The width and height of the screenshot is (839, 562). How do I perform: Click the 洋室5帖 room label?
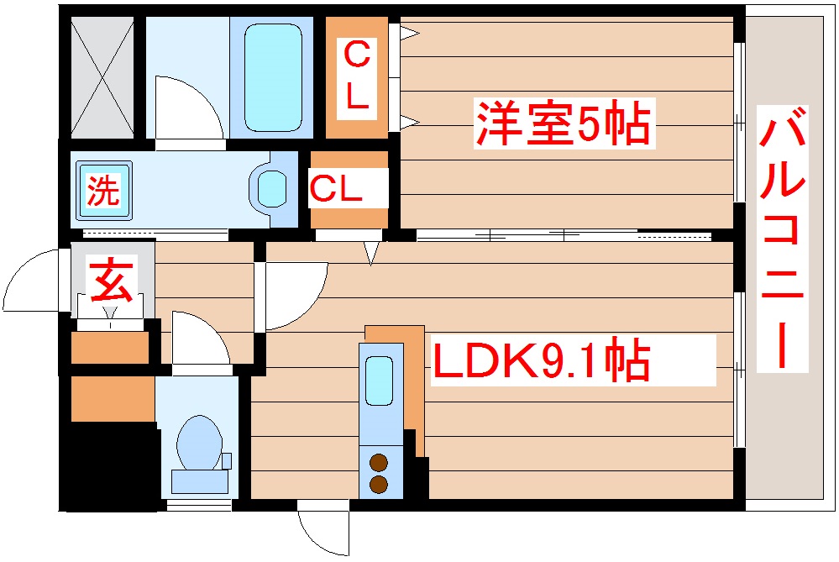pyautogui.click(x=563, y=124)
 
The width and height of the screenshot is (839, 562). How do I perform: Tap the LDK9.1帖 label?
pyautogui.click(x=539, y=361)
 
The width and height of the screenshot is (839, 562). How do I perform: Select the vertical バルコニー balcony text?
pyautogui.click(x=783, y=239)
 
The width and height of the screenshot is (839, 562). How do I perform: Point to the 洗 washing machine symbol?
pyautogui.click(x=104, y=191)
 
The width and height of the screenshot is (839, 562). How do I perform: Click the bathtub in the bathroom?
pyautogui.click(x=272, y=77)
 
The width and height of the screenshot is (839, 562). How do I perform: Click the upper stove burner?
pyautogui.click(x=379, y=461)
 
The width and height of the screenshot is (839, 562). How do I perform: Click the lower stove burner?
pyautogui.click(x=379, y=484)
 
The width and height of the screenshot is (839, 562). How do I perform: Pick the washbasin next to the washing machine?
pyautogui.click(x=271, y=189)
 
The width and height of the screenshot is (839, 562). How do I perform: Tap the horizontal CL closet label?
pyautogui.click(x=336, y=190)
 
